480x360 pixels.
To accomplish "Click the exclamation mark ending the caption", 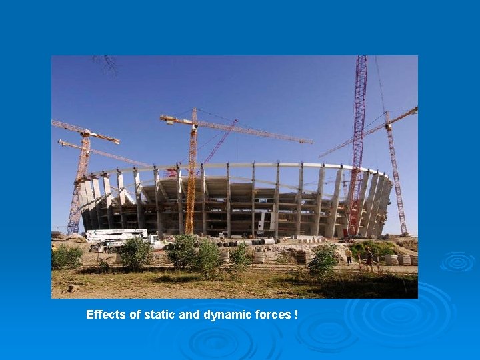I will [x=295, y=315].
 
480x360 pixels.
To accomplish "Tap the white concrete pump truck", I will [x=117, y=235].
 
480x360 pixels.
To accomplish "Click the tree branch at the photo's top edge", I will [x=107, y=63].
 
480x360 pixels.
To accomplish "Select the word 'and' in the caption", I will [x=183, y=315].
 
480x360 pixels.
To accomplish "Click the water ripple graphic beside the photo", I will [x=457, y=261].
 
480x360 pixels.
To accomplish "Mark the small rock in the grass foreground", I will [x=73, y=288].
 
